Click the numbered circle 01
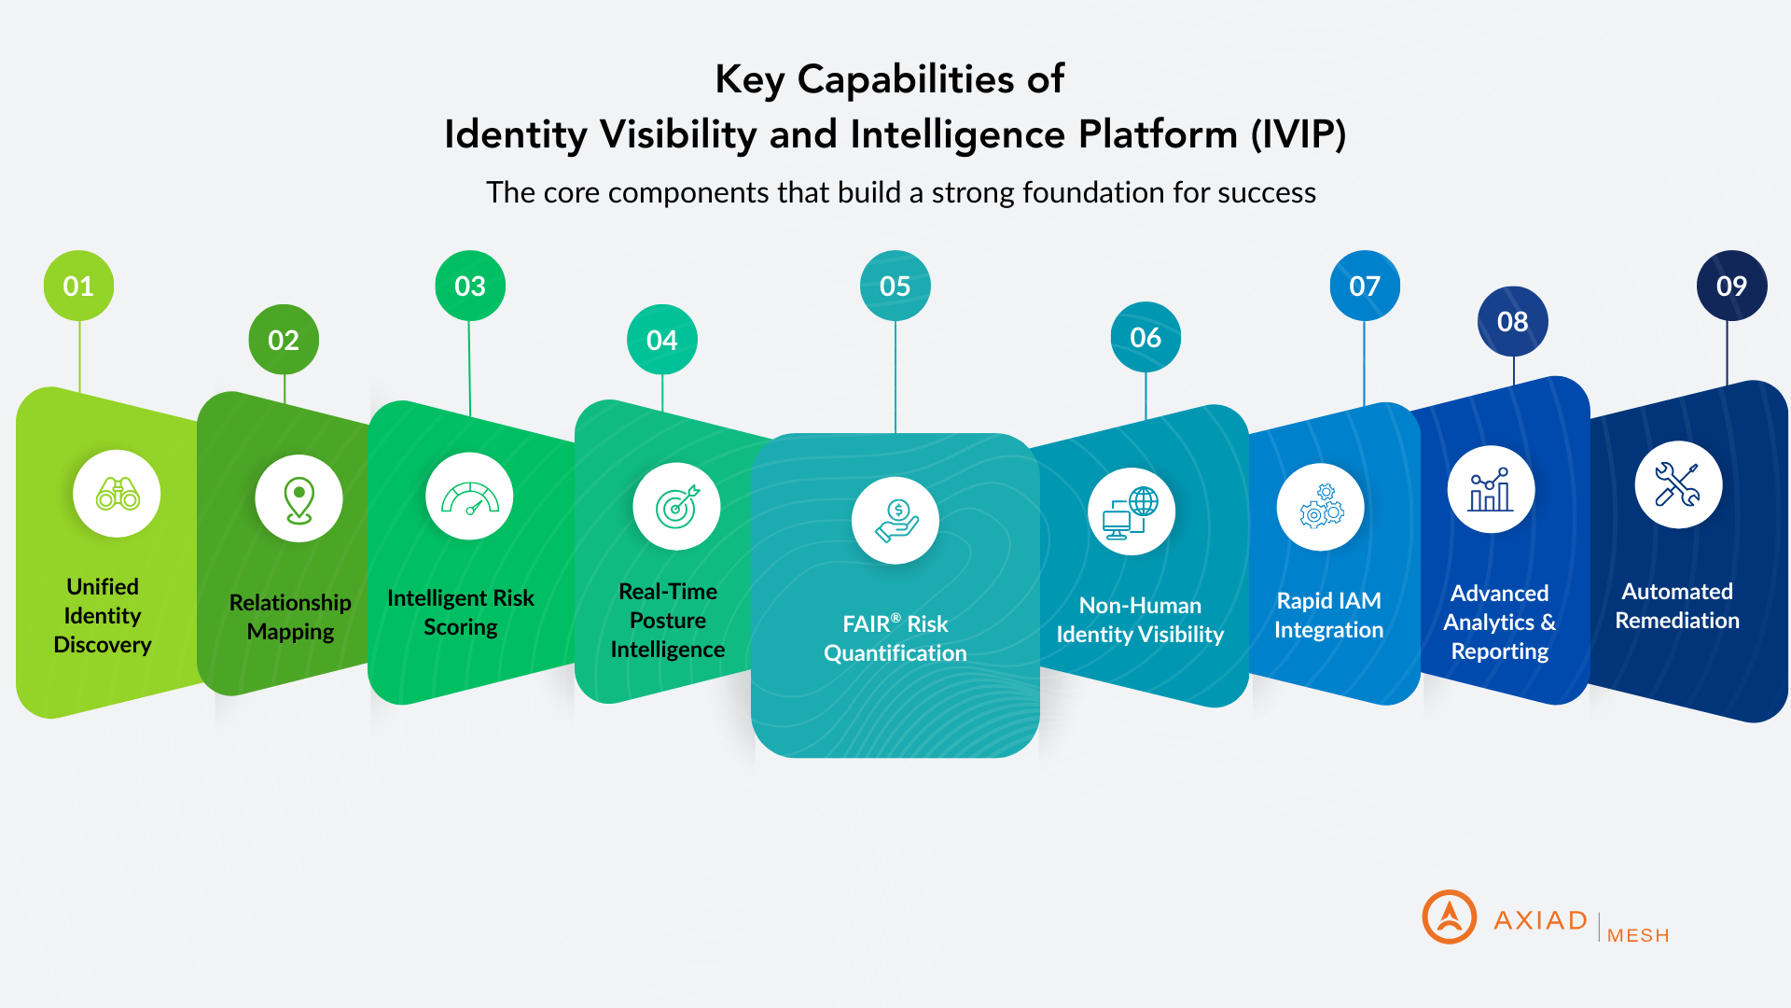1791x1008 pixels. (78, 286)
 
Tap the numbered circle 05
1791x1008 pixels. (895, 286)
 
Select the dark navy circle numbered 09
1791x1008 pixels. (1731, 286)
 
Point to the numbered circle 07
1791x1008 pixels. (1365, 286)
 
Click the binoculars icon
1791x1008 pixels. (118, 494)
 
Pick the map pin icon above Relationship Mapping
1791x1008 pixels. (298, 499)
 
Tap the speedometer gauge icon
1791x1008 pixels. (469, 497)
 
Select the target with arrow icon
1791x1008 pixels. (676, 507)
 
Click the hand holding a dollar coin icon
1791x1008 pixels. (895, 521)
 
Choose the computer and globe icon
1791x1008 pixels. (1131, 512)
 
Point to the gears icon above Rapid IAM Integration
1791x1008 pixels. (1321, 507)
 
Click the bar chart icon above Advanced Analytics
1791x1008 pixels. (1491, 490)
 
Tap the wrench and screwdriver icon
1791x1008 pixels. (1677, 485)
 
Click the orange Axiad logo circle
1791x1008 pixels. (1449, 917)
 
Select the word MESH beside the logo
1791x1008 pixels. (1638, 935)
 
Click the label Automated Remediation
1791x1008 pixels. (1677, 606)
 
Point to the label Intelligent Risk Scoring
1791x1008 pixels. (461, 612)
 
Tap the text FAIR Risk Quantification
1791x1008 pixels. (895, 638)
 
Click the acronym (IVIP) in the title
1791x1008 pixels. (1298, 134)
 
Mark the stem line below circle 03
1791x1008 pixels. (469, 368)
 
